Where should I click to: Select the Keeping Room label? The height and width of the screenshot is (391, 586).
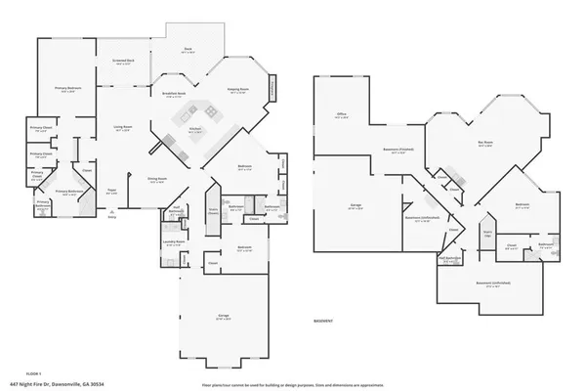(x=238, y=89)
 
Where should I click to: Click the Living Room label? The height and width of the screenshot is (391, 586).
(x=122, y=128)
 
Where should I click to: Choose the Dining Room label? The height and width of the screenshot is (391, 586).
(x=156, y=180)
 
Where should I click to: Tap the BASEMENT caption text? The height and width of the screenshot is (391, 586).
(x=325, y=321)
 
